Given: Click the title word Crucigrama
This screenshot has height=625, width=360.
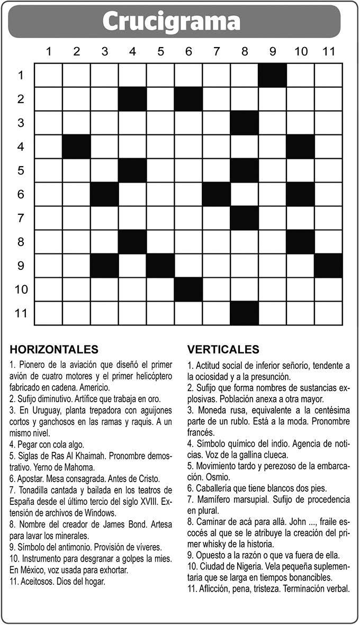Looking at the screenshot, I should (171, 22).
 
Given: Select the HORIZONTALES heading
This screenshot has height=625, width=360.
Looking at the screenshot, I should (54, 349).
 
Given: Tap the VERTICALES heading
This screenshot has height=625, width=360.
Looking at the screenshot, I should (223, 349).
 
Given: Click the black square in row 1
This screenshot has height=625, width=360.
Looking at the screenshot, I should (273, 75).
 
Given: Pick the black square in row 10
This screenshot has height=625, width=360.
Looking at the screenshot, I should (188, 289).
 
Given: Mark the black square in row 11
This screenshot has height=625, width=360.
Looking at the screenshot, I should (245, 313).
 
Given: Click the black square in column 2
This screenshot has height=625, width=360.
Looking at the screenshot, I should (76, 146).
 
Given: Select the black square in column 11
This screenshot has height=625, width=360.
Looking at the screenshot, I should (329, 266).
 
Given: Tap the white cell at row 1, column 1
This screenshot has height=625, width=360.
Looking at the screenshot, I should (48, 75).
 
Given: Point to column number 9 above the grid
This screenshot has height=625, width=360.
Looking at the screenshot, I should (273, 51).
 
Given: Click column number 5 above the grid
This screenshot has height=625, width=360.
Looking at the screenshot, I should (160, 51).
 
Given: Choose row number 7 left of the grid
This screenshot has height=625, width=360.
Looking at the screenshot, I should (21, 218).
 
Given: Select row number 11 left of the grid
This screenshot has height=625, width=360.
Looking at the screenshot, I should (21, 313).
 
